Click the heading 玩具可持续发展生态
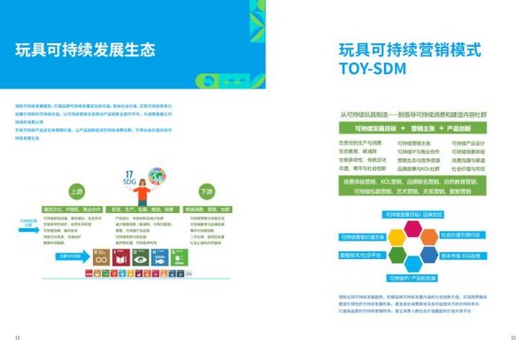click(x=85, y=50)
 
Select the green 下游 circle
click(x=205, y=190)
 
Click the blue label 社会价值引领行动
click(x=462, y=235)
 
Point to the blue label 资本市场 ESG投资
click(x=463, y=255)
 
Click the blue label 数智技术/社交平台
click(x=362, y=255)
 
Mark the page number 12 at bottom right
click(x=512, y=337)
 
